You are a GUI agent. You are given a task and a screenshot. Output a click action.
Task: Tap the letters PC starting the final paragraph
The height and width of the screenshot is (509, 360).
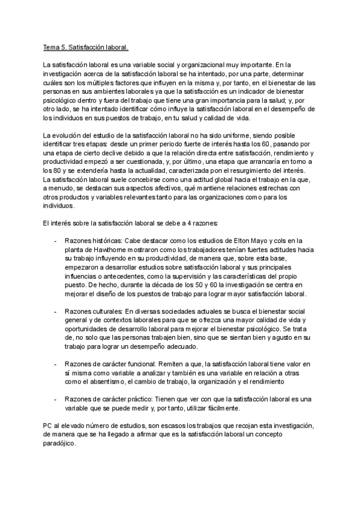[x=48, y=425]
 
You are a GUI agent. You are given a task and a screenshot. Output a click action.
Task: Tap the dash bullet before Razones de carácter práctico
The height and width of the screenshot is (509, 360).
[x=56, y=399]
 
